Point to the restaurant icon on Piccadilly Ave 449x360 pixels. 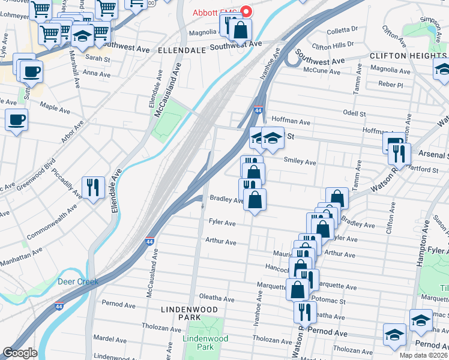(93, 187)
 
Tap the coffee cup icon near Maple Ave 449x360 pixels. (16, 119)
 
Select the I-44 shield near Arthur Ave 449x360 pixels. (149, 241)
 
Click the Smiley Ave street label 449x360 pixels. (300, 162)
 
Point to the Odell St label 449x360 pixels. (354, 113)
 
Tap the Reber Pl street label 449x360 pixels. (391, 85)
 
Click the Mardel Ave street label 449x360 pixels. (108, 338)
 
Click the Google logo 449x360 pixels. (20, 353)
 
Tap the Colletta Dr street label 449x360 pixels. (342, 28)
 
